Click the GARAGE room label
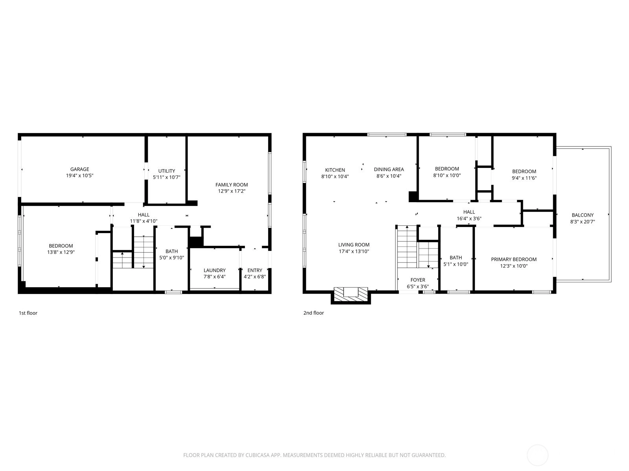click(x=80, y=169)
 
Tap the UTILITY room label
click(x=167, y=171)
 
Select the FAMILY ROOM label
click(x=232, y=185)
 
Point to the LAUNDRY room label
click(x=215, y=270)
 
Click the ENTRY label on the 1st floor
click(x=255, y=270)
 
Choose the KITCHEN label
click(x=335, y=170)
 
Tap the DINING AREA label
click(x=389, y=170)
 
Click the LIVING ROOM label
click(x=354, y=245)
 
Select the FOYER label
click(x=418, y=280)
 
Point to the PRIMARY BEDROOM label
click(x=514, y=259)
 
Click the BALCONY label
click(x=583, y=215)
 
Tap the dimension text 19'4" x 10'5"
click(x=80, y=175)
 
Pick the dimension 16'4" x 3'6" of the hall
click(x=469, y=219)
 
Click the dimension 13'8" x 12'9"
click(x=61, y=252)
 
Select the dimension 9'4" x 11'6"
click(x=524, y=178)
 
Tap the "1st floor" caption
click(x=28, y=313)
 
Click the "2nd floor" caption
click(x=314, y=313)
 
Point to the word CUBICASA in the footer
click(x=257, y=455)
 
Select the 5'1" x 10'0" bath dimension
click(x=456, y=264)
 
